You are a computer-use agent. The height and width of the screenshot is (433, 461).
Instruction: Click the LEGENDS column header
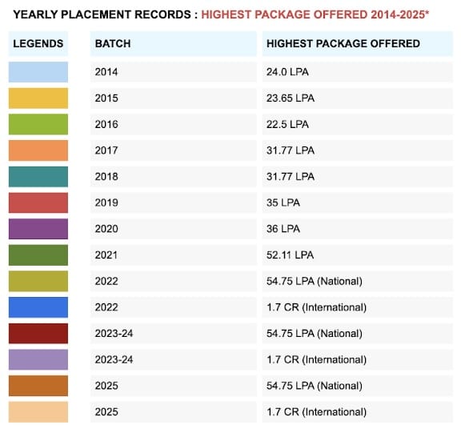click(x=38, y=43)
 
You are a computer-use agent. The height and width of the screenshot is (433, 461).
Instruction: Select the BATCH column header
click(x=113, y=43)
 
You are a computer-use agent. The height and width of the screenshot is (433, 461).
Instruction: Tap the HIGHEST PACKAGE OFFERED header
click(x=343, y=43)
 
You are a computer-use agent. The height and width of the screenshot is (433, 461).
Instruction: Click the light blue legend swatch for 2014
click(x=38, y=72)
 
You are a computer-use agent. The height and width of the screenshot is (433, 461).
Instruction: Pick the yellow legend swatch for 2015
click(x=38, y=98)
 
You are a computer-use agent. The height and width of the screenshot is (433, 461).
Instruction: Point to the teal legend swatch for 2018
click(x=38, y=177)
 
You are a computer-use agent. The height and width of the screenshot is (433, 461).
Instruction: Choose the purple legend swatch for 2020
click(x=38, y=229)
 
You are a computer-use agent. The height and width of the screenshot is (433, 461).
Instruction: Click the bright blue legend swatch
click(x=38, y=307)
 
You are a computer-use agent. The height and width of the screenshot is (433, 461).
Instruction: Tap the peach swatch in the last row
click(x=38, y=412)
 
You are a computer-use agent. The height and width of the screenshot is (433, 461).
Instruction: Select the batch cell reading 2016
click(x=106, y=124)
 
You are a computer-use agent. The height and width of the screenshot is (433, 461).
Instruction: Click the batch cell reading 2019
click(x=106, y=202)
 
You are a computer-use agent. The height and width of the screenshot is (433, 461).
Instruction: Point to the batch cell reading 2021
click(x=106, y=255)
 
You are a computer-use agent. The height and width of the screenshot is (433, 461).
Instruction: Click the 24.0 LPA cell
click(x=287, y=72)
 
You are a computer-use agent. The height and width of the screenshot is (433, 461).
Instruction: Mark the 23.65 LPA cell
click(x=291, y=98)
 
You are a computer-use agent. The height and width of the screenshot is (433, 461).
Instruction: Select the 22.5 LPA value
click(x=287, y=124)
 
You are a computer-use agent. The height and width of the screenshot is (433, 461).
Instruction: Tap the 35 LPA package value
click(x=283, y=202)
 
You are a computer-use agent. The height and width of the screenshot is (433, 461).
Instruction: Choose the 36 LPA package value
click(x=283, y=229)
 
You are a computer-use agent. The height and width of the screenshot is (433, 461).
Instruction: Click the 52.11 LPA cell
click(x=291, y=255)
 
